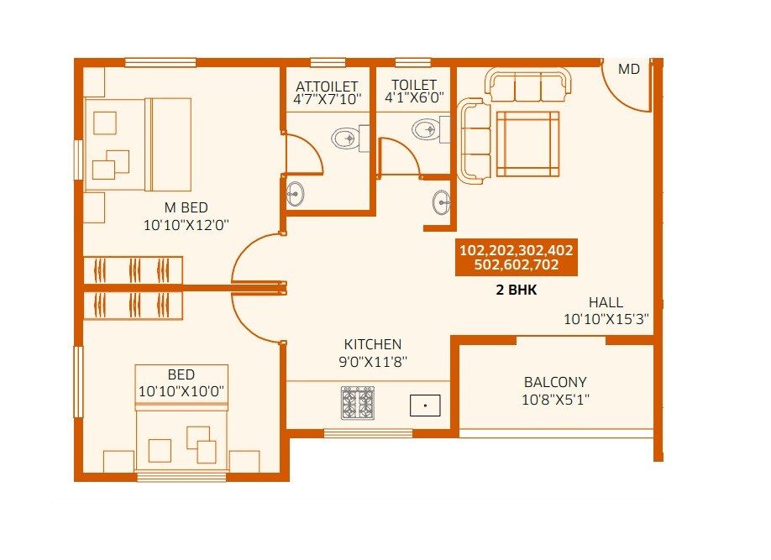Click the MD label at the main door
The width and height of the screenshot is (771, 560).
(629, 70)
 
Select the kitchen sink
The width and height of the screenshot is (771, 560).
(425, 406)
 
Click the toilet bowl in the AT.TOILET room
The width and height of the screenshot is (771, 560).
(346, 139)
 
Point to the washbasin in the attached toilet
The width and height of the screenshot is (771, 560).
(295, 193)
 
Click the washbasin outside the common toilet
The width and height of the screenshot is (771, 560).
(442, 202)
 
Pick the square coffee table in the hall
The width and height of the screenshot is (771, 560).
(527, 144)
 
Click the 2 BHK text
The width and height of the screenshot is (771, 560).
(516, 290)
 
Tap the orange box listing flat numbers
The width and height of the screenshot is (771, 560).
(517, 258)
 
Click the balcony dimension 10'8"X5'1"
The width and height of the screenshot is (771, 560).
(555, 400)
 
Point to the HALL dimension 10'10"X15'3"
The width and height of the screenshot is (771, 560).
(606, 319)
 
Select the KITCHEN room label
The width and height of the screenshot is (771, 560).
(372, 344)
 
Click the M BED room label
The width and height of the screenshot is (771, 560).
(186, 207)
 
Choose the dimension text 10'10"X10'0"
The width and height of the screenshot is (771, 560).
(181, 391)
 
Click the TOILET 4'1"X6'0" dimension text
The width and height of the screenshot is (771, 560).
(414, 98)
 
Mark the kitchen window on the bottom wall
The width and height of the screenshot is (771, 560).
(368, 433)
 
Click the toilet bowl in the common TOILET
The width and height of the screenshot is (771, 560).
(424, 129)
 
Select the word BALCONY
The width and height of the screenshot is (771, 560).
(555, 382)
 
